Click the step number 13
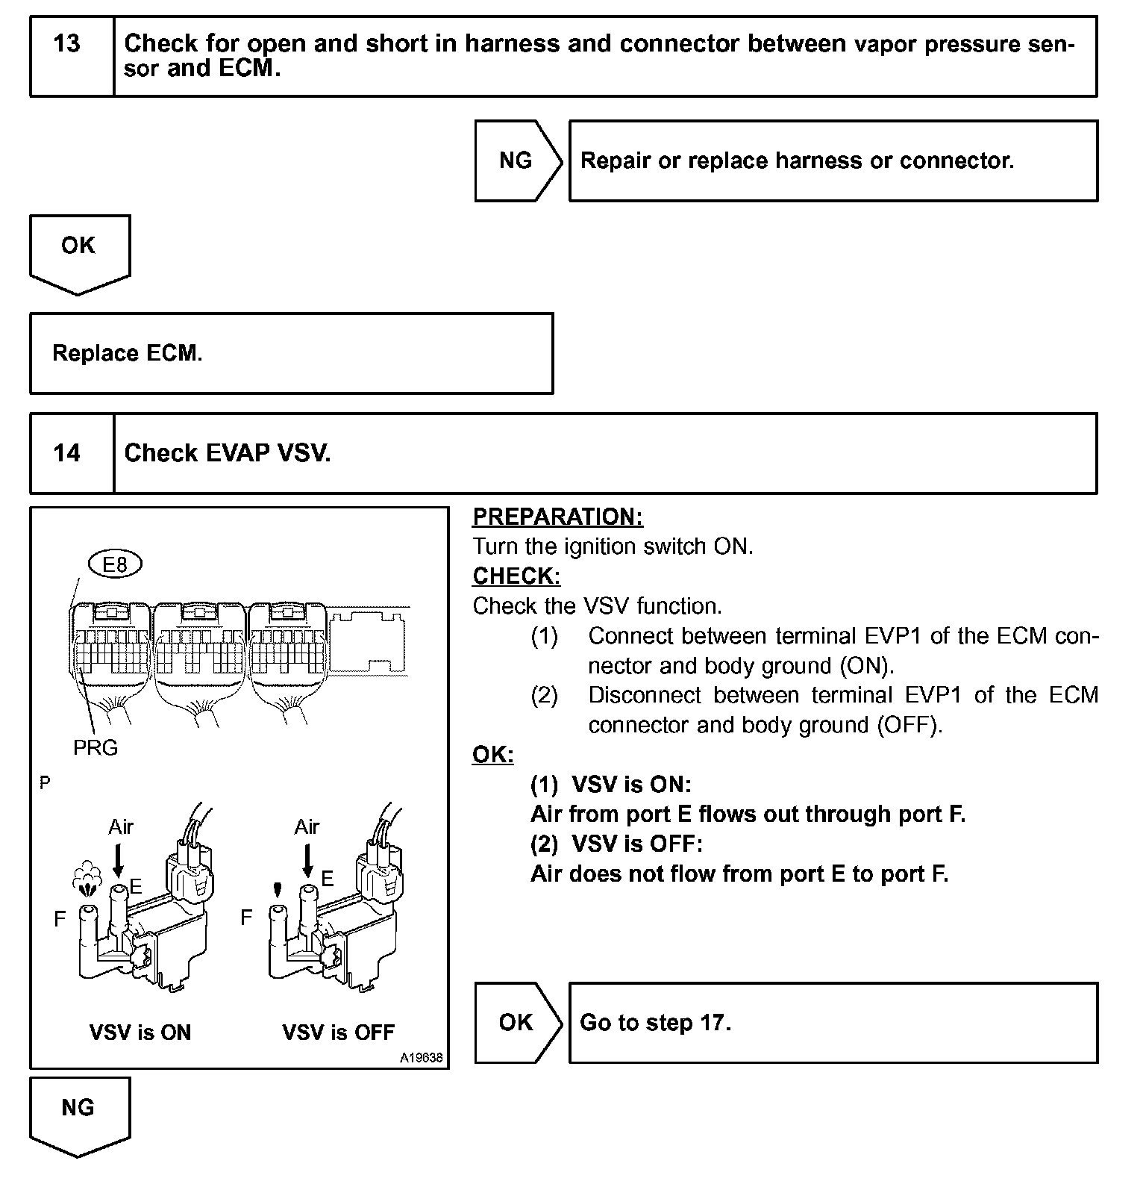pos(66,44)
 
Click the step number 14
pos(66,453)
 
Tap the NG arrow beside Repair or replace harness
pos(516,161)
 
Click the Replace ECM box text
pos(127,353)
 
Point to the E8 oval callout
pos(114,564)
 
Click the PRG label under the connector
pos(95,747)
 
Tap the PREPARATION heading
pos(557,517)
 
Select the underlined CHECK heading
pos(516,576)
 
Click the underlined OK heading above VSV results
pos(492,754)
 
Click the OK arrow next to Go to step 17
pos(516,1022)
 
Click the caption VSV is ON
pos(140,1033)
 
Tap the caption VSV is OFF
pos(338,1033)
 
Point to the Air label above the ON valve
pos(121,826)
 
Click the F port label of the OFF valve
pos(246,918)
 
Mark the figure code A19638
pos(421,1058)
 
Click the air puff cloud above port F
pos(88,876)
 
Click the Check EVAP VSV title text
pos(228,453)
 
